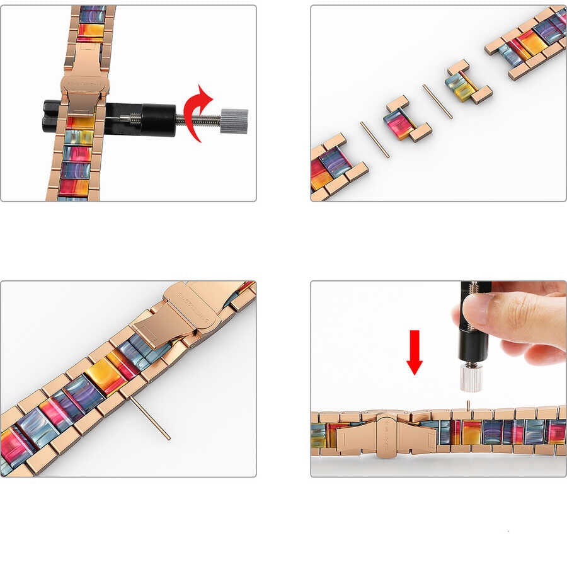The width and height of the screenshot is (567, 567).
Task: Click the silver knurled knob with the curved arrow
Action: coord(234,120)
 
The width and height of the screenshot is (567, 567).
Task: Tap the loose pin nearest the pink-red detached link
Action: coord(374,139)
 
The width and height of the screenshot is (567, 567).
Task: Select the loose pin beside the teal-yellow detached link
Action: coord(437,101)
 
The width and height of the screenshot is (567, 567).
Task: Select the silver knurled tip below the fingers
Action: coord(471,377)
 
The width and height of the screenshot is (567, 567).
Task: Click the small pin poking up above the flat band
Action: coord(467,404)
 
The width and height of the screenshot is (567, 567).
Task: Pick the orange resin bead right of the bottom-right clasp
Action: coord(472,432)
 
